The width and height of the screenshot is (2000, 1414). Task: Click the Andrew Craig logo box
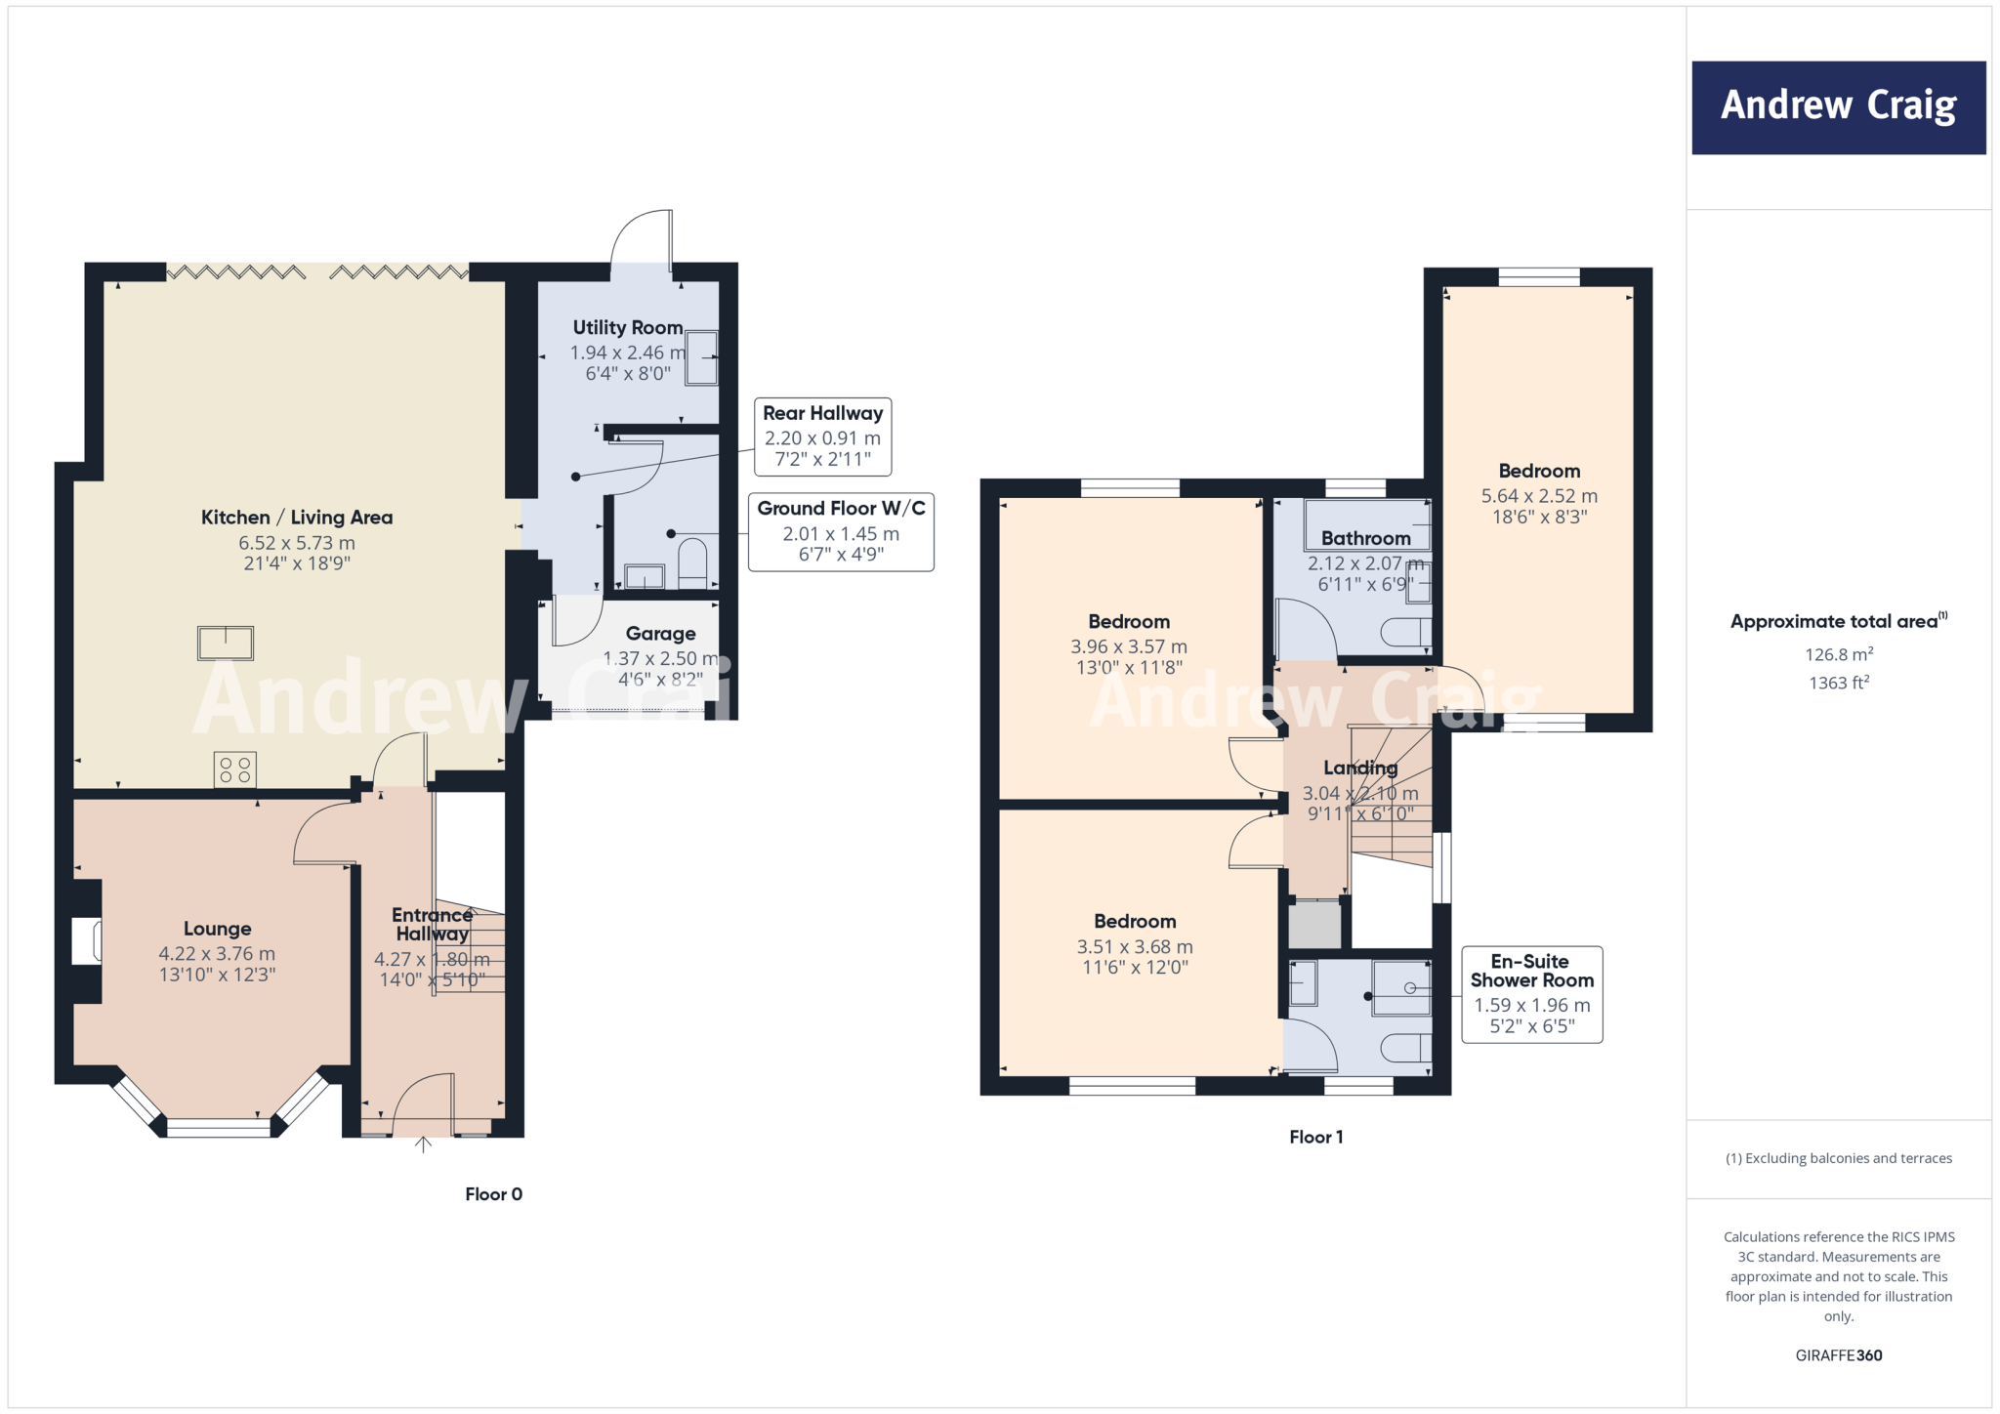click(x=1838, y=107)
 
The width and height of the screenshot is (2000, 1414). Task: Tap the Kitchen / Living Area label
click(x=297, y=518)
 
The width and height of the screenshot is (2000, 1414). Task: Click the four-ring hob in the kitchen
click(x=235, y=769)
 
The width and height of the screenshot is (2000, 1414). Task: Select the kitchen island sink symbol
click(x=226, y=643)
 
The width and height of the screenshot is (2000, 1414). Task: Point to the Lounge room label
click(x=217, y=929)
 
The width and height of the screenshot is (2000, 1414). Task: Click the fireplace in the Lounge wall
click(x=87, y=941)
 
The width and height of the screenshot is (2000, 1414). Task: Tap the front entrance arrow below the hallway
click(x=423, y=1144)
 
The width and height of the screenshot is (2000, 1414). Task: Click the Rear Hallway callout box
click(x=822, y=437)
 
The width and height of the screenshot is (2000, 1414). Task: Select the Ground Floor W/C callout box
click(x=841, y=532)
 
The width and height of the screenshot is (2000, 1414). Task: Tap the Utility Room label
click(x=627, y=328)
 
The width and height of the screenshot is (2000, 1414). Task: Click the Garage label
click(x=660, y=634)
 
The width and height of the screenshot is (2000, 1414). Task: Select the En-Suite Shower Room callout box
click(x=1531, y=994)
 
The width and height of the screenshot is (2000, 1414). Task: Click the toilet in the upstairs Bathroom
click(x=1406, y=633)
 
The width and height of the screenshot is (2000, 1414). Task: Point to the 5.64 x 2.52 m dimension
click(x=1539, y=496)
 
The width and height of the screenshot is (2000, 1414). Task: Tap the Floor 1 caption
click(x=1315, y=1137)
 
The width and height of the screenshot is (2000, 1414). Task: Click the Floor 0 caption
click(x=493, y=1194)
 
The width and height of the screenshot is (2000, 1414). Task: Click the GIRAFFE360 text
click(x=1838, y=1355)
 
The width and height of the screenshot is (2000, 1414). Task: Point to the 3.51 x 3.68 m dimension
click(x=1135, y=946)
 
